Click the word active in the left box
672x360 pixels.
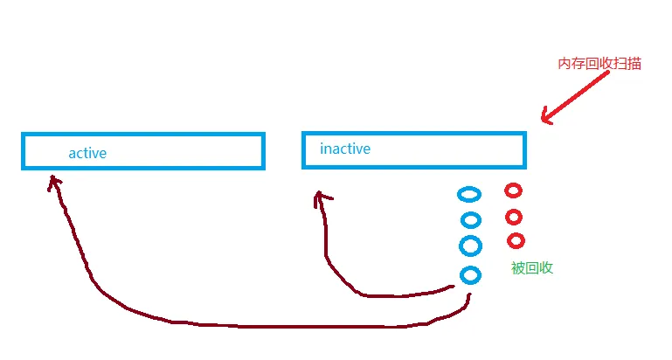[x=87, y=154]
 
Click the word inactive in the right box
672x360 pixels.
[x=345, y=149]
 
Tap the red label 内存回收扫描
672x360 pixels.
[x=599, y=64]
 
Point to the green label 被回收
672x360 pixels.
[x=532, y=268]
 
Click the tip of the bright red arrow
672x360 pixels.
[x=544, y=120]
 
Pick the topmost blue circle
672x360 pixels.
[x=469, y=194]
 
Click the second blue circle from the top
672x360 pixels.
[x=471, y=220]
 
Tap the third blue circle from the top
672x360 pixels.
[x=470, y=246]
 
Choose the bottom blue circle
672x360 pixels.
[x=470, y=275]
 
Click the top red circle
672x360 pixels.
[x=513, y=190]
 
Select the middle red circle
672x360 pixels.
[x=514, y=217]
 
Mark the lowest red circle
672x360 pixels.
[x=516, y=240]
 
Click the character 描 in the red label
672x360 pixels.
[x=634, y=64]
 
